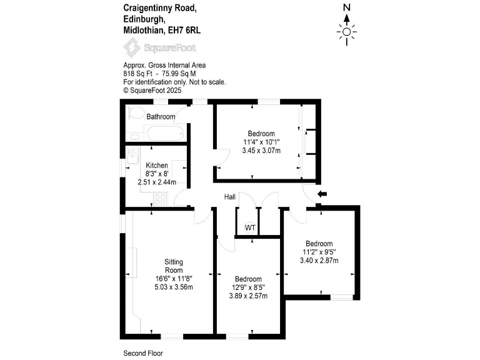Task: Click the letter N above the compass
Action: click(347, 7)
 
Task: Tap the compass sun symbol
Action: click(347, 32)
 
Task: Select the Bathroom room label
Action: click(161, 117)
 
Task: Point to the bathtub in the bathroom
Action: click(165, 132)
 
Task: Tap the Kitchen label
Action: click(157, 165)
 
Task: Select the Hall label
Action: click(230, 197)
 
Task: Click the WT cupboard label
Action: click(250, 227)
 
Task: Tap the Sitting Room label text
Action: click(173, 265)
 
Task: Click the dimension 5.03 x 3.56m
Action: click(174, 287)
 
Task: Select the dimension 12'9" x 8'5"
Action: click(248, 287)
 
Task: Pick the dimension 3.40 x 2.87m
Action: click(319, 261)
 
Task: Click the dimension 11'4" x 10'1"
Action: click(261, 142)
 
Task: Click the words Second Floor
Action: click(143, 353)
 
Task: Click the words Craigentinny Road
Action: click(160, 7)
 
